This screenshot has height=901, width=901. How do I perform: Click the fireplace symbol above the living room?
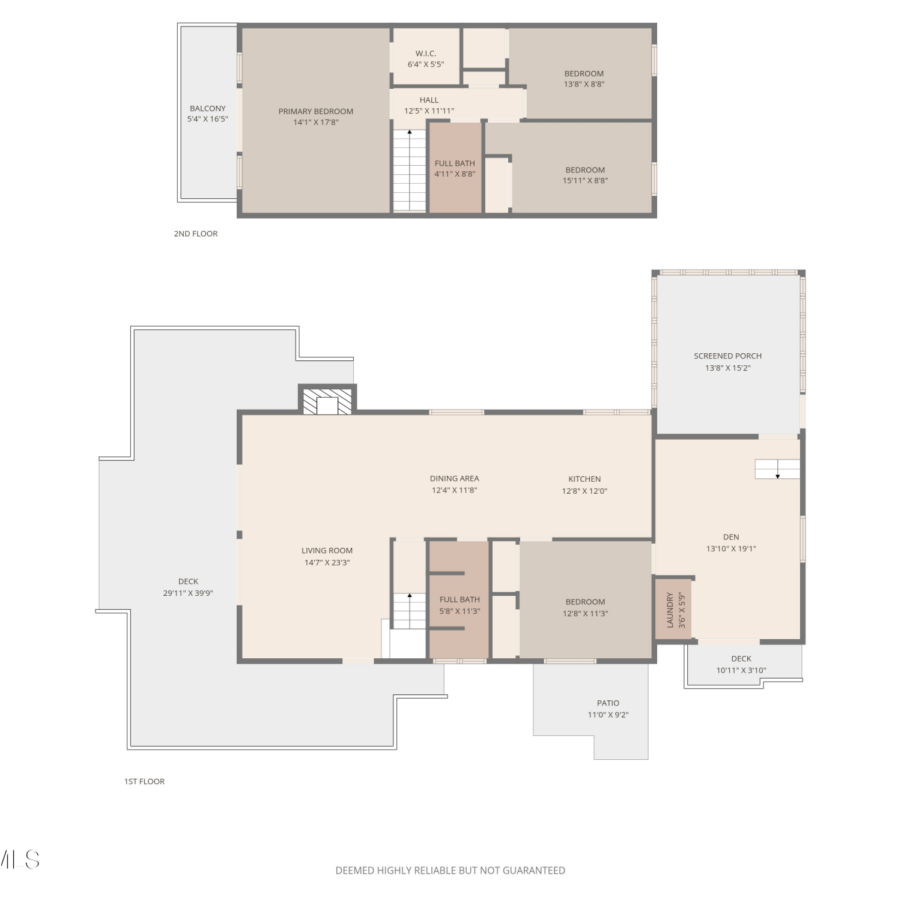click(x=327, y=401)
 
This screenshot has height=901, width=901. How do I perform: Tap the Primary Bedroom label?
click(x=316, y=111)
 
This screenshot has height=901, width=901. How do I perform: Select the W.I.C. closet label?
click(x=426, y=53)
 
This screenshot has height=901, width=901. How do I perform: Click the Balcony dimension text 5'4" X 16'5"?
click(x=207, y=119)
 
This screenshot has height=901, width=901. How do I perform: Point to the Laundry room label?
click(x=670, y=610)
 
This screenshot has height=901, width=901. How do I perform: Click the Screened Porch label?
click(x=728, y=356)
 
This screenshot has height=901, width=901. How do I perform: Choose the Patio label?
click(x=608, y=703)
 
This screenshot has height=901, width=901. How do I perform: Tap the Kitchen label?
click(x=584, y=479)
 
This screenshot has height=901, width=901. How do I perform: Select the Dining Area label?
click(x=455, y=478)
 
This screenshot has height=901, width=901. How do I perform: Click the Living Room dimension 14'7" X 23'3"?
click(x=327, y=562)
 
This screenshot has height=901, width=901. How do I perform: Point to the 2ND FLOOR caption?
click(x=196, y=234)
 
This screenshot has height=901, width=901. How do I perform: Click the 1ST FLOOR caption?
click(x=144, y=781)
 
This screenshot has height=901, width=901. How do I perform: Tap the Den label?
click(x=731, y=537)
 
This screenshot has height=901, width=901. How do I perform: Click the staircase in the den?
click(x=777, y=469)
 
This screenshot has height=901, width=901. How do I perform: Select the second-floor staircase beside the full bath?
click(x=409, y=170)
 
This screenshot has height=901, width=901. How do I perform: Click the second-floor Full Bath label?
click(x=455, y=163)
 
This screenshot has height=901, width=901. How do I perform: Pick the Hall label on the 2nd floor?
click(x=429, y=100)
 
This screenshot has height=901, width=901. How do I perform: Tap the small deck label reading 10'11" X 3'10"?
click(x=741, y=670)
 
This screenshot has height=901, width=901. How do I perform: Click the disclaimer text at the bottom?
click(x=450, y=870)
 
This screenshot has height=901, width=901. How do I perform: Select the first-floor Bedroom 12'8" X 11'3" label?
click(x=585, y=607)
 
